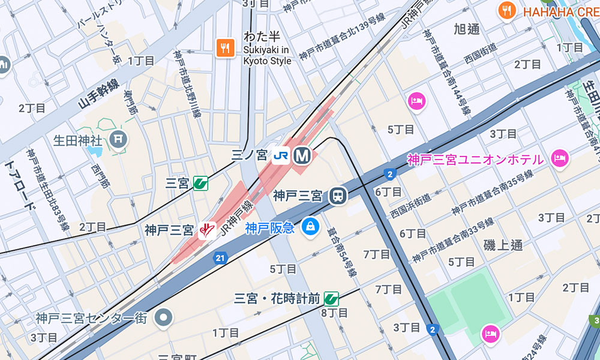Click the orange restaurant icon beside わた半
226,48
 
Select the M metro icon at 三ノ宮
302,156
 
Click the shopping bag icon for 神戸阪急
310,227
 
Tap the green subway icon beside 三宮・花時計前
331,298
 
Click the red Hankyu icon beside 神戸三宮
206,230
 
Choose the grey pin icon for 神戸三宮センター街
163,318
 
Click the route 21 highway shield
220,259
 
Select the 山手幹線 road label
98,94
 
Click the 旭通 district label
467,29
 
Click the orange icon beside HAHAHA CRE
508,11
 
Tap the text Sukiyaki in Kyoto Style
268,55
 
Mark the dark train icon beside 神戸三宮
338,196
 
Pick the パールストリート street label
95,17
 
